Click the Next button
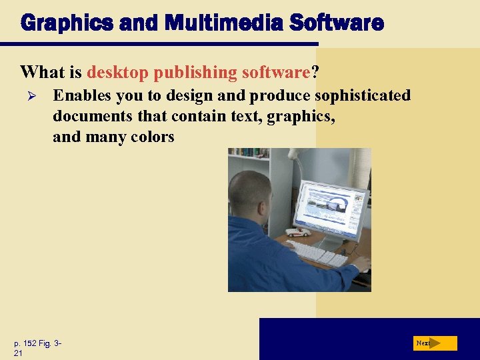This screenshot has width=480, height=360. [x=434, y=343]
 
